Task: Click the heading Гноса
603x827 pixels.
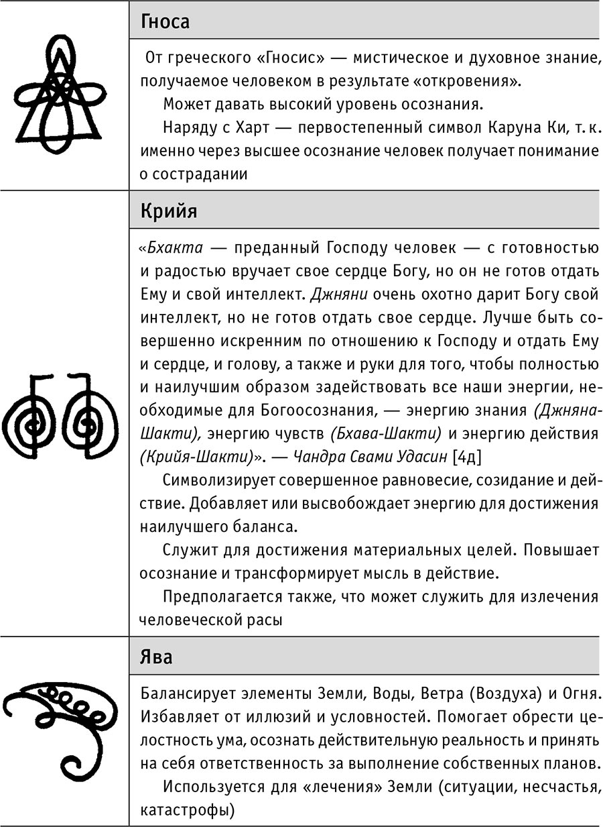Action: point(165,22)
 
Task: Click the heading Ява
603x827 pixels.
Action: point(156,656)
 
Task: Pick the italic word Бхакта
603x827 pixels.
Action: point(172,247)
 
